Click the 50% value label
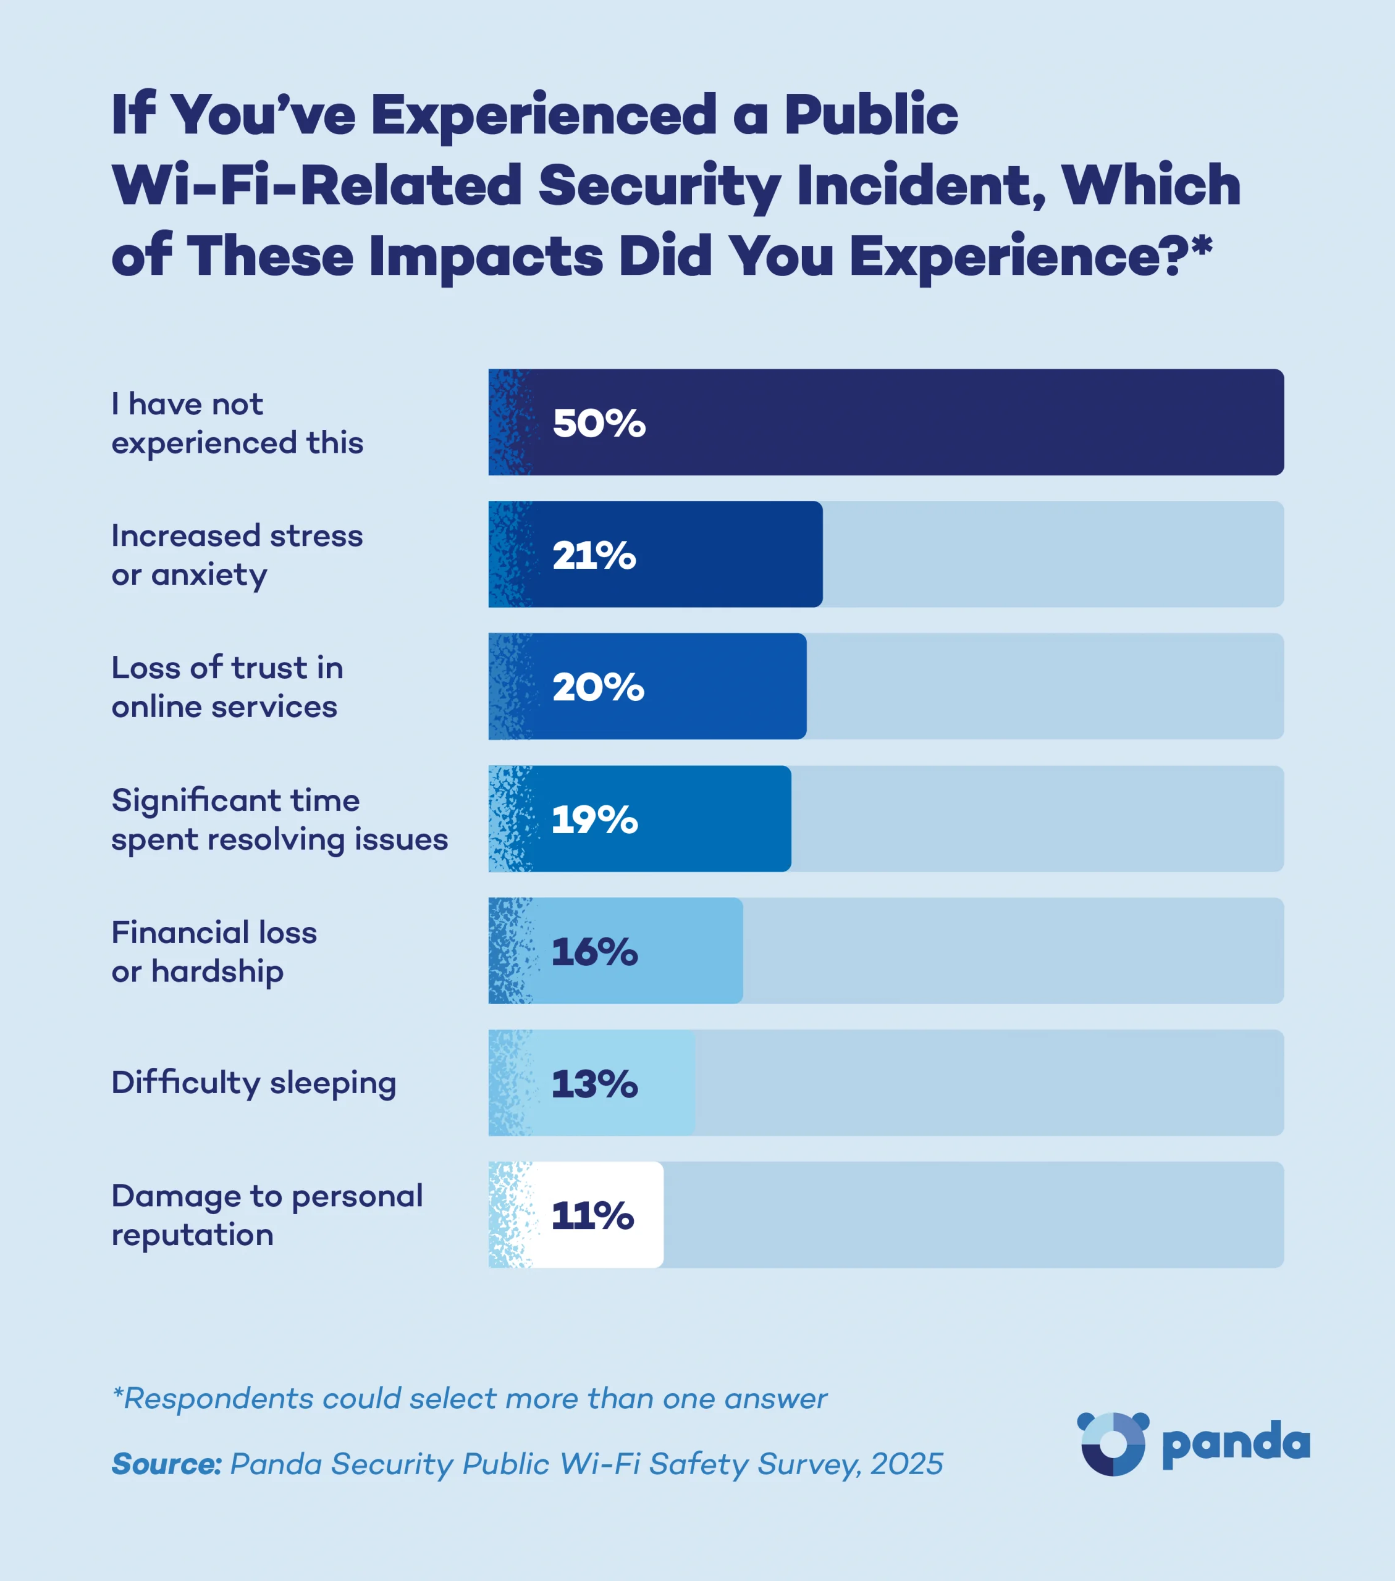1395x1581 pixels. tap(599, 423)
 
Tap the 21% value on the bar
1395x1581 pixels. tap(594, 555)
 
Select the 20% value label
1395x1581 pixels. tap(598, 687)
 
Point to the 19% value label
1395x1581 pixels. tap(594, 820)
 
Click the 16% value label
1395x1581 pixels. tap(594, 952)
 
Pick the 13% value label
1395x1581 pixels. tap(594, 1084)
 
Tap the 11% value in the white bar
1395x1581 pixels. tap(592, 1215)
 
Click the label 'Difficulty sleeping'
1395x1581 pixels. tap(254, 1083)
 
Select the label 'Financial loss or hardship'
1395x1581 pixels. tap(214, 952)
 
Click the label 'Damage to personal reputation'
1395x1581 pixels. tap(267, 1215)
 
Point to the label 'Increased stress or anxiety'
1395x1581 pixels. tap(237, 555)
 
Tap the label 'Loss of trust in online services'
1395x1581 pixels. tap(227, 687)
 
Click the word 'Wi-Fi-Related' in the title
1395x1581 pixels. tap(317, 186)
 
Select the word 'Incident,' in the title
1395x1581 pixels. tap(921, 186)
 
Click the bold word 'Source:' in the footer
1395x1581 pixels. tap(166, 1464)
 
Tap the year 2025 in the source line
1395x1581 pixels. tap(906, 1464)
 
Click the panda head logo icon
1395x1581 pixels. tap(1113, 1443)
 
